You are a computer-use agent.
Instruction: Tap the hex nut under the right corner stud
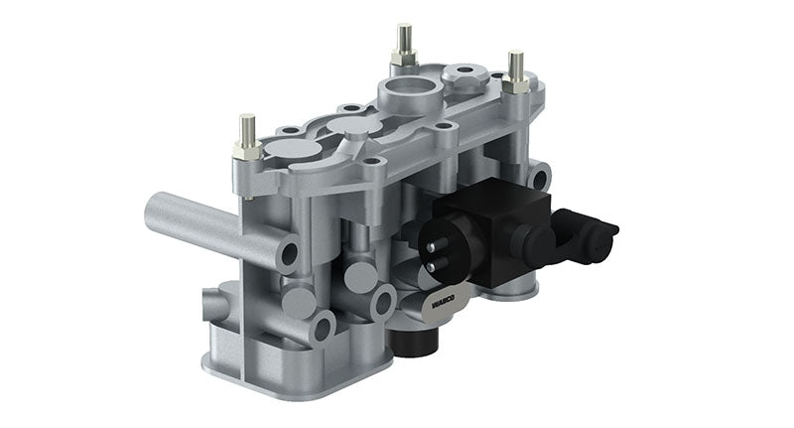click(x=516, y=85)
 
